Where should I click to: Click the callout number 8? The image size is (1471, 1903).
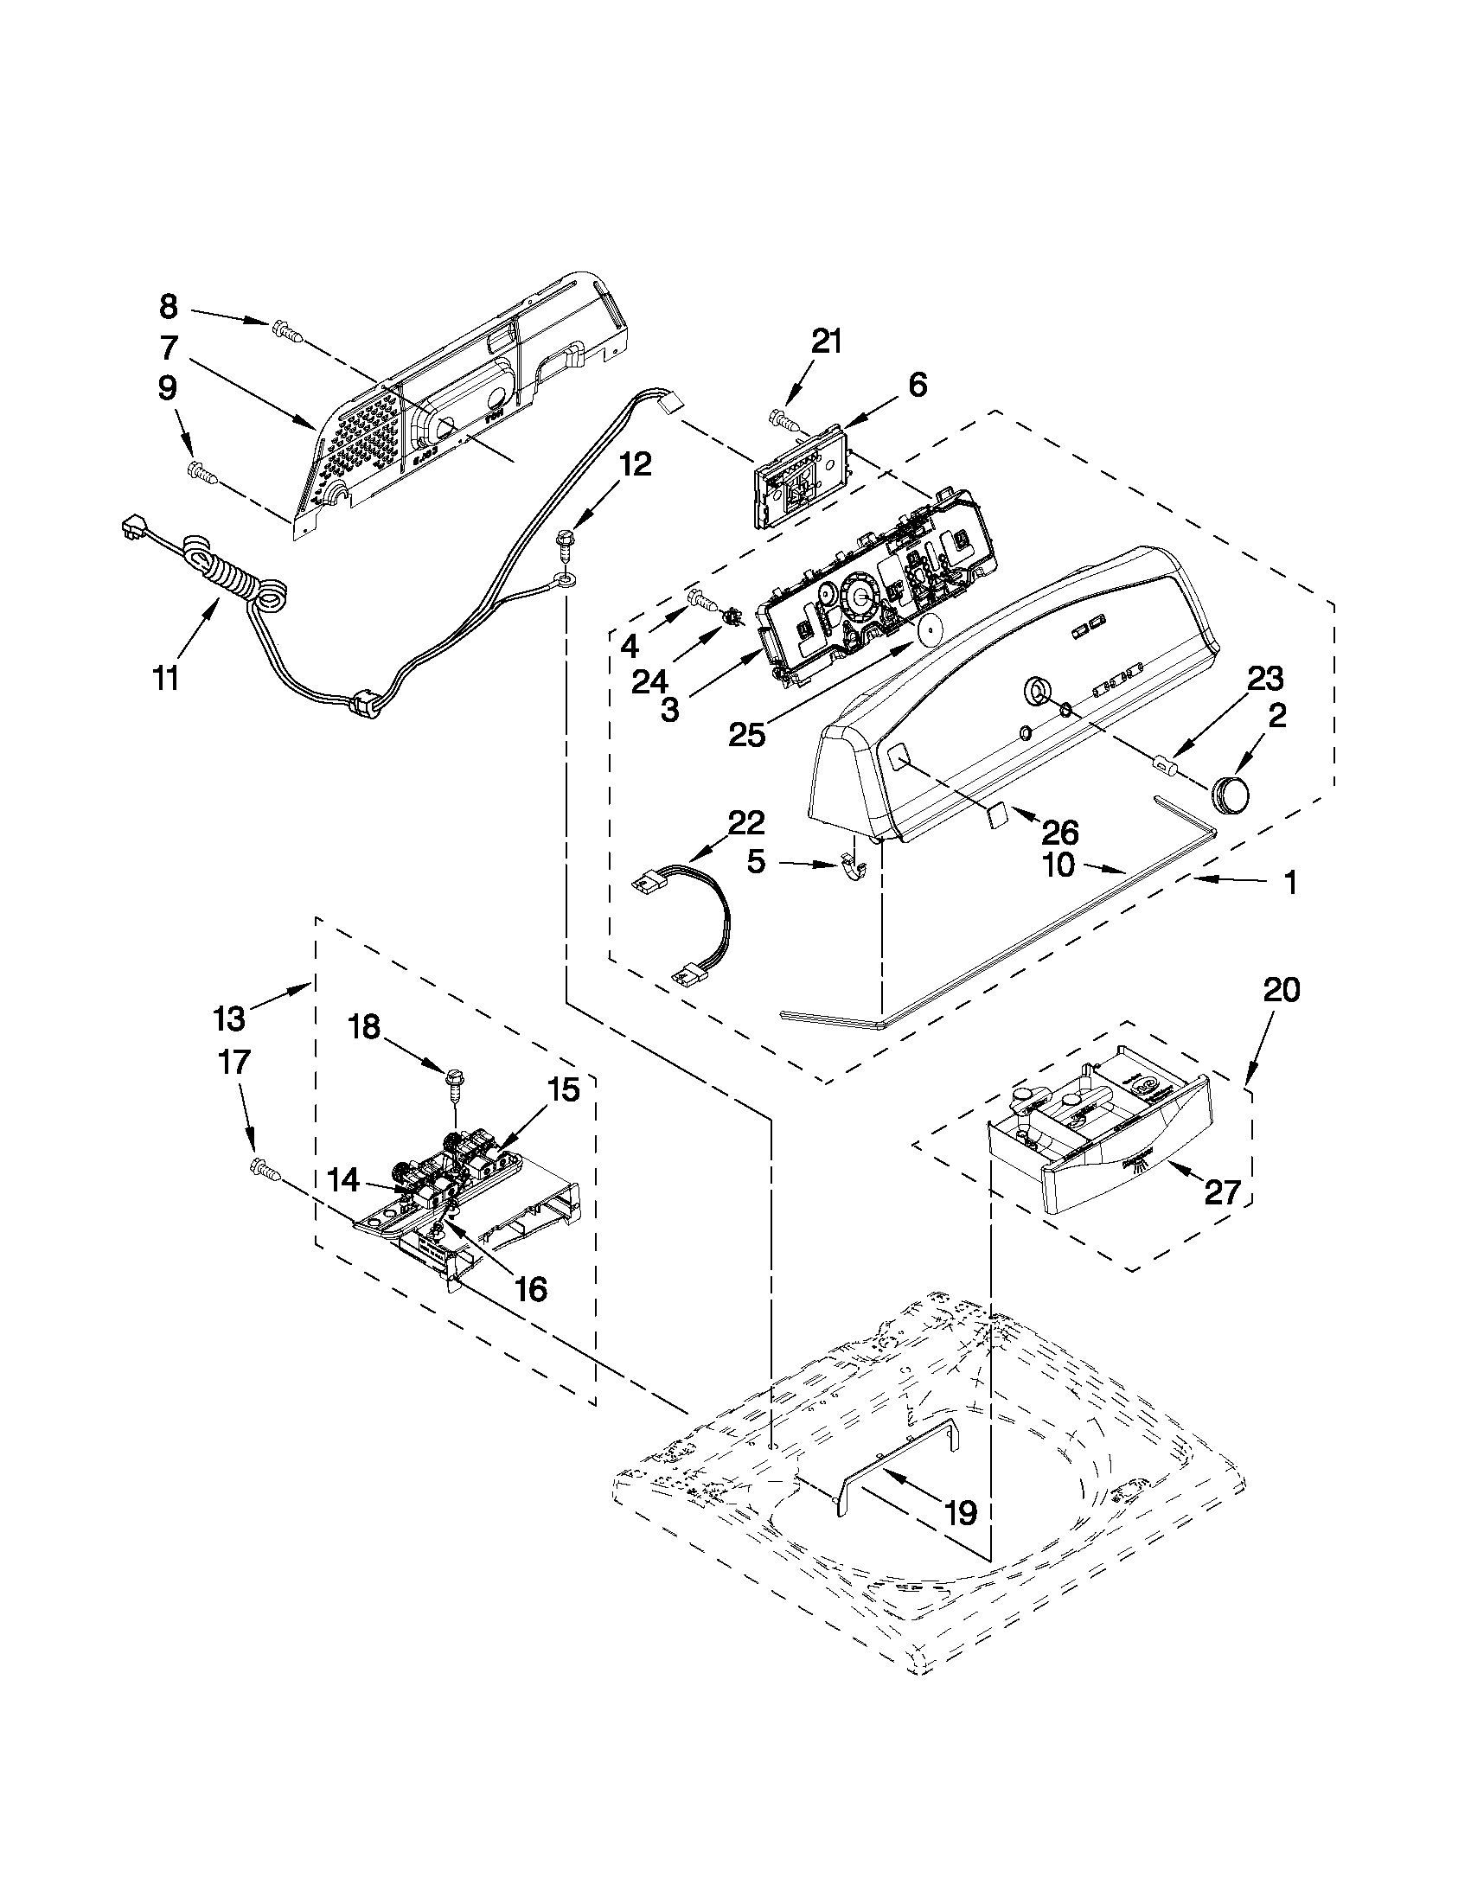point(168,307)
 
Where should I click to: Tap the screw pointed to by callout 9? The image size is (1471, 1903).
point(201,471)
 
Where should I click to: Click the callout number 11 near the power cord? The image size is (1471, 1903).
point(165,676)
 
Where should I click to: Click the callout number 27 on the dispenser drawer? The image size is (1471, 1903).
point(1222,1191)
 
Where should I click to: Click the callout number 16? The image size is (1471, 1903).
point(530,1288)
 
